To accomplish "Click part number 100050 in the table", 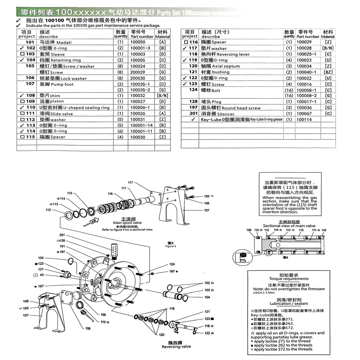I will [x=138, y=42].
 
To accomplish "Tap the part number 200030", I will [x=138, y=78].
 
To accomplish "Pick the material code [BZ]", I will [x=328, y=72].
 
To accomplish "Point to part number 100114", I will [x=304, y=120].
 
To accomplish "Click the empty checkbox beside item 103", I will [x=22, y=54].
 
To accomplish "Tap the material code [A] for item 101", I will [x=162, y=42].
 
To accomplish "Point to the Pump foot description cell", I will [x=56, y=84].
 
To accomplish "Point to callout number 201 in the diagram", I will [x=62, y=235].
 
